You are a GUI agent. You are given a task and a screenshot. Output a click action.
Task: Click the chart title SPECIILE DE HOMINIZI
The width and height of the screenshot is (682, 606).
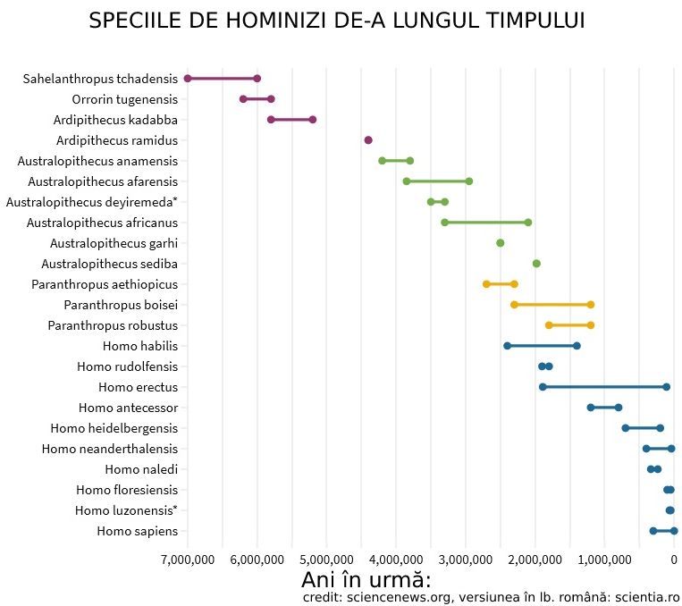337,21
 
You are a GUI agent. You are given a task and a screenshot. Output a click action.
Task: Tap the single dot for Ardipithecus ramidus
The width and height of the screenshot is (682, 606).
368,140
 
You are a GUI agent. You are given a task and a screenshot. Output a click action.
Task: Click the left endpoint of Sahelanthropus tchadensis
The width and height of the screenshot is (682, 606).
188,79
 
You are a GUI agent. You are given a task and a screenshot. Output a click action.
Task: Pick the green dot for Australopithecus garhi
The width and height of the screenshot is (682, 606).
501,243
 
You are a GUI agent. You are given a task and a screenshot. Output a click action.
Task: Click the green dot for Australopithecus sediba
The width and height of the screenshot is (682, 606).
536,264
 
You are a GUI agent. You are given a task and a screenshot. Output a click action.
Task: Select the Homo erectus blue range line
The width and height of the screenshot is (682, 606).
604,387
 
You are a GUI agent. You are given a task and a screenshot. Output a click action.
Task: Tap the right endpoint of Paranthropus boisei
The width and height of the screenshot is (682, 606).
591,305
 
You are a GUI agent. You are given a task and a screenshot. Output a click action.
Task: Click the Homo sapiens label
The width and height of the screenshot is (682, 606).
137,532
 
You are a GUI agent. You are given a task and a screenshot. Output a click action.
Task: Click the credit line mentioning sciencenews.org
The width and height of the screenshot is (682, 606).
491,596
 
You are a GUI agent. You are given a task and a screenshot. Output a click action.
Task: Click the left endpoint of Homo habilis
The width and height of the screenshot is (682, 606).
507,346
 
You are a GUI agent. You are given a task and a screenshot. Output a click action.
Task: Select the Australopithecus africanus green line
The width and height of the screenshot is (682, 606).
486,223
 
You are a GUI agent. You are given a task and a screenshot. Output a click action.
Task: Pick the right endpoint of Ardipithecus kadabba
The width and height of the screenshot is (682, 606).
313,120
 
